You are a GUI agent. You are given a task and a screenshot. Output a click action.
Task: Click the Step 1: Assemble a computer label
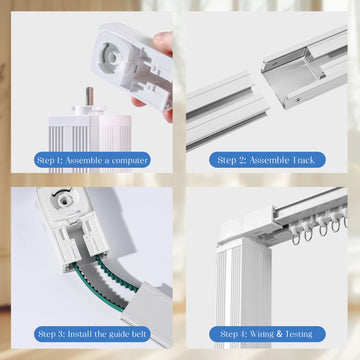[92, 160]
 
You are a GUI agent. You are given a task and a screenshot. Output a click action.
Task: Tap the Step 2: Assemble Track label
[267, 160]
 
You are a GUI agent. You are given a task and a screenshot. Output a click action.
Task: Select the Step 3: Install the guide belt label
[92, 334]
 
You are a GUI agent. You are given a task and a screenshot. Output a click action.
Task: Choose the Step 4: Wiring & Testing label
[267, 334]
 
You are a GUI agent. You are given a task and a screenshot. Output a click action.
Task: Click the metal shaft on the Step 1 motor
[90, 96]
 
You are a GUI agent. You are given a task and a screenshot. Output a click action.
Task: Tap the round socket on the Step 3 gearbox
[61, 201]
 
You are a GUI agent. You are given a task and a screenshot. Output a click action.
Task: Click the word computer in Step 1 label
[129, 160]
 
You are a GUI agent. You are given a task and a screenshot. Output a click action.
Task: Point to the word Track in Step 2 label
[303, 160]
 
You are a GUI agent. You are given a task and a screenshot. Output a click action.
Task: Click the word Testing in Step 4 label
[299, 334]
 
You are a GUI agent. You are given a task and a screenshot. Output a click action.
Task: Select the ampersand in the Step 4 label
[279, 334]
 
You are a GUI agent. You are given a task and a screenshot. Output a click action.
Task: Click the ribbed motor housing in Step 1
[90, 143]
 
